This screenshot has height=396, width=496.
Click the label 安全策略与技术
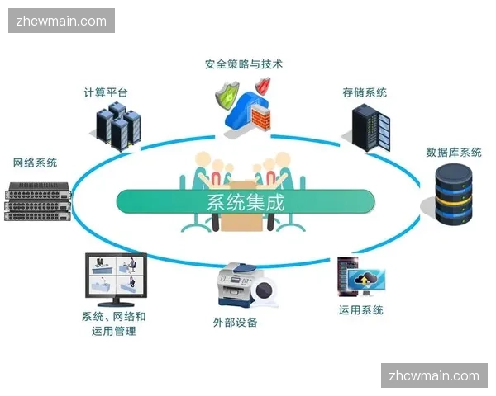coord(244,64)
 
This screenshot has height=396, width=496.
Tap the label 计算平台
coord(106,92)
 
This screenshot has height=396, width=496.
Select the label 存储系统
coord(365,92)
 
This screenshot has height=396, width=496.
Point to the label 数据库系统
coord(454,152)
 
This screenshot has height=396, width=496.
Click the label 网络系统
coord(35,163)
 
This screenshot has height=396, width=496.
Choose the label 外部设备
coord(235,322)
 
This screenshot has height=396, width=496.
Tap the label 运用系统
coord(361,310)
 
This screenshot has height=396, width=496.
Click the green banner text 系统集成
coord(245,201)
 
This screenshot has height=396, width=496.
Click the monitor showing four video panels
coord(116,276)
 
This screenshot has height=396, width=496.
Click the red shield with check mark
coord(264,86)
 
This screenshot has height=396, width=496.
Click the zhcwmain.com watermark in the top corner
coord(62,21)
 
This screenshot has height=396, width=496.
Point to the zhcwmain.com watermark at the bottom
coord(433,375)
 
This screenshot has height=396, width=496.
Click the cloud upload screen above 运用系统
coord(365,279)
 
